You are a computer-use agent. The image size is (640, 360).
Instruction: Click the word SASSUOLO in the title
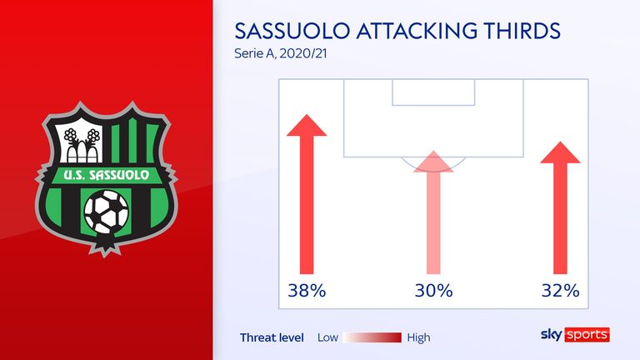pyautogui.click(x=292, y=31)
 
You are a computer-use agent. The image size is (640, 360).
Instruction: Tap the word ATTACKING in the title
pyautogui.click(x=417, y=31)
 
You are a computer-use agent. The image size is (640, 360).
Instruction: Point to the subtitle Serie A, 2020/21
pyautogui.click(x=281, y=53)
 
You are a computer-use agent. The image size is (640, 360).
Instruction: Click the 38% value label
pyautogui.click(x=307, y=291)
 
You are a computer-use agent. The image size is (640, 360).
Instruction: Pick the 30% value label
pyautogui.click(x=433, y=291)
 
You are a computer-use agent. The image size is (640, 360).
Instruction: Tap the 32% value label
pyautogui.click(x=560, y=291)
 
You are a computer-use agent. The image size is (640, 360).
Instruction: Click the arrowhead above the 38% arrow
pyautogui.click(x=307, y=125)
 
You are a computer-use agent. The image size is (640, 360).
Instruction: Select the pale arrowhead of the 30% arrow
pyautogui.click(x=433, y=162)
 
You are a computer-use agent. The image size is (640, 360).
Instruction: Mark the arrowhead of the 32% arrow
pyautogui.click(x=560, y=152)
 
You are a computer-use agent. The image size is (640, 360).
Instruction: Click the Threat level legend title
pyautogui.click(x=272, y=337)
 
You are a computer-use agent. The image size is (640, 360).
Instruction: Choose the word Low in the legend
pyautogui.click(x=327, y=337)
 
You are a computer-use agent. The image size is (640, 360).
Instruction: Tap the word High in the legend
pyautogui.click(x=418, y=338)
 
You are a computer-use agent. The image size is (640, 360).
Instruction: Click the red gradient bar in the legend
pyautogui.click(x=372, y=337)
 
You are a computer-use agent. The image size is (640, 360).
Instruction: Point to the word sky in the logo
pyautogui.click(x=551, y=335)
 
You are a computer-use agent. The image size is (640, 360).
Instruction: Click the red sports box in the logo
pyautogui.click(x=587, y=335)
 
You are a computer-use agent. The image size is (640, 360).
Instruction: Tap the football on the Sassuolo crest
pyautogui.click(x=106, y=212)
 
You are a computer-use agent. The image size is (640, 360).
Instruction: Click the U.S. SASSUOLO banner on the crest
pyautogui.click(x=107, y=176)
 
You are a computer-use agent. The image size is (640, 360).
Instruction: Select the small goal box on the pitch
pyautogui.click(x=433, y=92)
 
